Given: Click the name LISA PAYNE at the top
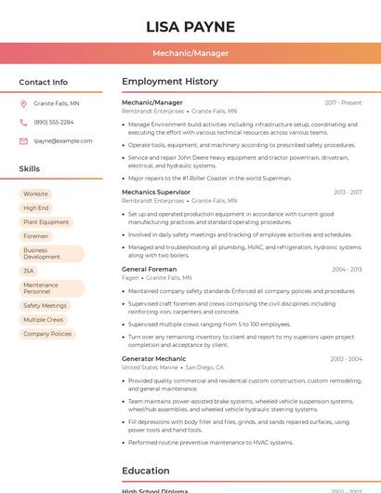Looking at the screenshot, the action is coord(190,26).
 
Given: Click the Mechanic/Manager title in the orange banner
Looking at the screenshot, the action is coord(190,53).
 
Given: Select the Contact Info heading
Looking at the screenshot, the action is coord(43,82).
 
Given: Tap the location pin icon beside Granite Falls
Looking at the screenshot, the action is coord(23,103).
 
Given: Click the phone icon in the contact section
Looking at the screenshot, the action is coord(23,122).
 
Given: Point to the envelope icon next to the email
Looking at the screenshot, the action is coord(23,140).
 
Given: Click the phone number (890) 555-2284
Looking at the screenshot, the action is coord(54,122).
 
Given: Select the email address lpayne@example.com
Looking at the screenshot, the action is coord(62,140).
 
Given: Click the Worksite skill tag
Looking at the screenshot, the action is coord(35,193).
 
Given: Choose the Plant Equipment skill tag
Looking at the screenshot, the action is coord(46,222).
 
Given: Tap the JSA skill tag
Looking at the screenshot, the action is coord(29,271).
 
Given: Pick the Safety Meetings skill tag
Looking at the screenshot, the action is coord(45,305).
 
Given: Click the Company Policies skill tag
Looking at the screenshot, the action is coord(47,333).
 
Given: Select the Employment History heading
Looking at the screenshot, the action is coord(170,82).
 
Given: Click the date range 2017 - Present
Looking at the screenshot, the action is coord(343,102).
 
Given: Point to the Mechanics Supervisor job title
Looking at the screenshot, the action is coord(156,192).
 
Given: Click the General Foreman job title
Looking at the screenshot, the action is coord(149,269).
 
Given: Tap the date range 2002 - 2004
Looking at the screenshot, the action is coord(346,358).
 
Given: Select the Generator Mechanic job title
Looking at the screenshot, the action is coord(153,358).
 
